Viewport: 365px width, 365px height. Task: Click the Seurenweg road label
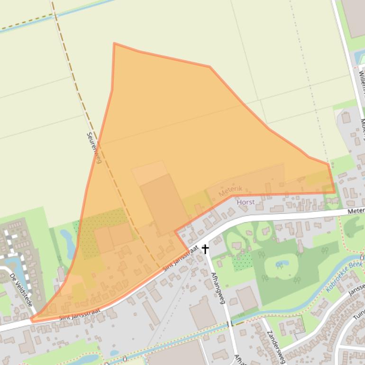point(94,147)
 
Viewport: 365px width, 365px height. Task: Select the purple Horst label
point(246,202)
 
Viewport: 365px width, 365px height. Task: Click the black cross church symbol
point(205,248)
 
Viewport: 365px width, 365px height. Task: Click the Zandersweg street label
point(274,347)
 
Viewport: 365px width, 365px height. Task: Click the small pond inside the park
point(282,263)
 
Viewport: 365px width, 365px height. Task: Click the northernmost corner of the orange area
point(114,44)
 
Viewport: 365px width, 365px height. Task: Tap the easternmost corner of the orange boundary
point(334,192)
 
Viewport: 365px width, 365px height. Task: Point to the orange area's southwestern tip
point(32,320)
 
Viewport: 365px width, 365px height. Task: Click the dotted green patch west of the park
point(243,261)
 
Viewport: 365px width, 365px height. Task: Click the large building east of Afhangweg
point(247,298)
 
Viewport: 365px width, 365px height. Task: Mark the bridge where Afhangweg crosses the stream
point(228,324)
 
